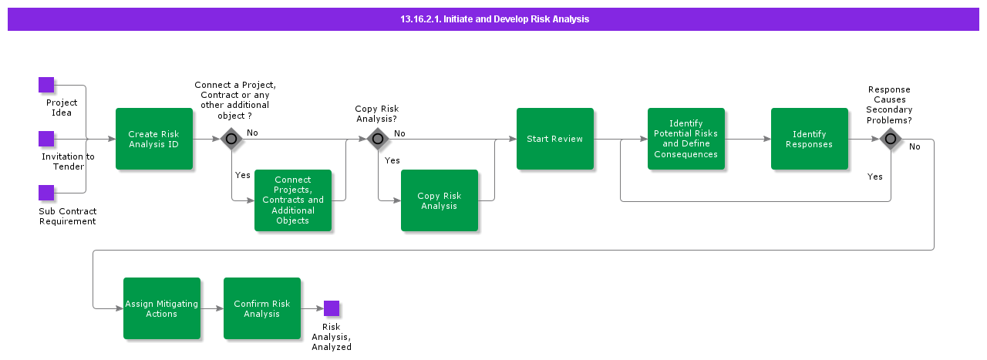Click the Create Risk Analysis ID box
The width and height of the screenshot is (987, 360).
154,139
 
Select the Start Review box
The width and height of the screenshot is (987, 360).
555,139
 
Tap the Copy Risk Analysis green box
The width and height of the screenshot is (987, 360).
440,200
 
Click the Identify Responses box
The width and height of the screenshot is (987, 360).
809,139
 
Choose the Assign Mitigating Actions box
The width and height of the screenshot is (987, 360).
162,308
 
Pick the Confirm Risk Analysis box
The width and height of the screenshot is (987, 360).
262,308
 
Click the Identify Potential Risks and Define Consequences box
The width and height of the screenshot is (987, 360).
686,139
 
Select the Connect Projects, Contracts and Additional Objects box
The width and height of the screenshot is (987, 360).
293,200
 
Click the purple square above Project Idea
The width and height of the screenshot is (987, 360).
46,85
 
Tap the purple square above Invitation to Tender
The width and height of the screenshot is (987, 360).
46,139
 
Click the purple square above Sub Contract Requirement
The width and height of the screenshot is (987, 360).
46,193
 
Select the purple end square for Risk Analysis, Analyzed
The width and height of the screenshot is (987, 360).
332,308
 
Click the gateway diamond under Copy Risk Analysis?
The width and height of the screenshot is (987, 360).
377,139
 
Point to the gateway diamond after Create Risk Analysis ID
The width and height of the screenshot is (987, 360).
231,139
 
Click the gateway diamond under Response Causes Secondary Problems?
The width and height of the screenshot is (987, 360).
891,139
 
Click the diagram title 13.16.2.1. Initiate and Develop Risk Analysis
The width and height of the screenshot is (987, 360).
493,19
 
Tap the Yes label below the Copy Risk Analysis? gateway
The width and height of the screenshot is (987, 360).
392,160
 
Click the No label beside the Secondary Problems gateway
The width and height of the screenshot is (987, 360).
915,146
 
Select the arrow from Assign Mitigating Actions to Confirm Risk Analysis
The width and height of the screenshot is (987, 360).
212,308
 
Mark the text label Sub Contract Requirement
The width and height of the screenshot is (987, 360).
67,216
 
